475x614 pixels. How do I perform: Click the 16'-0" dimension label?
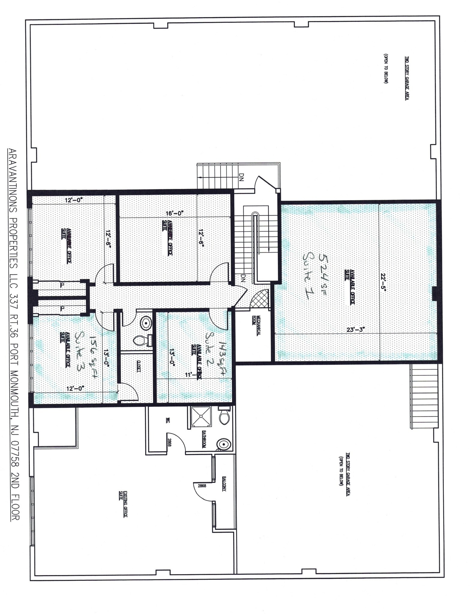coord(175,213)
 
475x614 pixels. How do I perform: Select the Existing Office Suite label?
coord(123,504)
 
